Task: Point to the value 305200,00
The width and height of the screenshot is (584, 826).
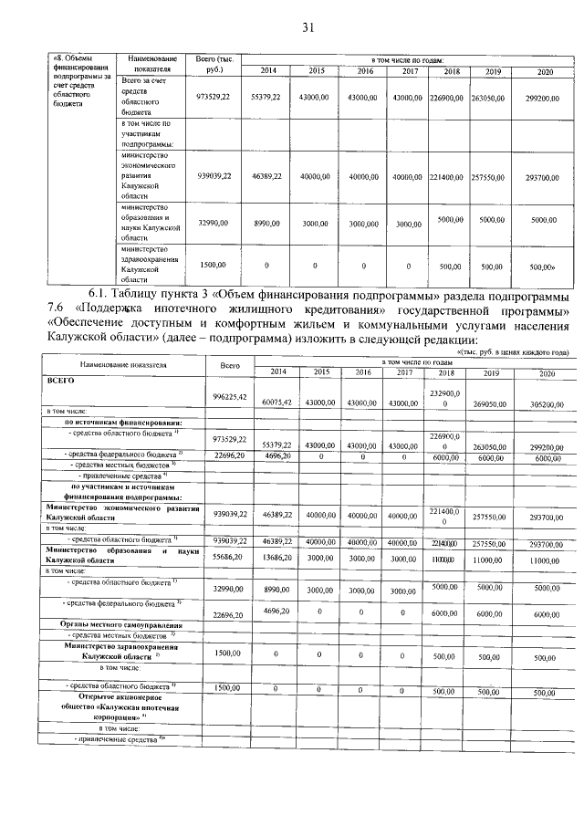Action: click(547, 402)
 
